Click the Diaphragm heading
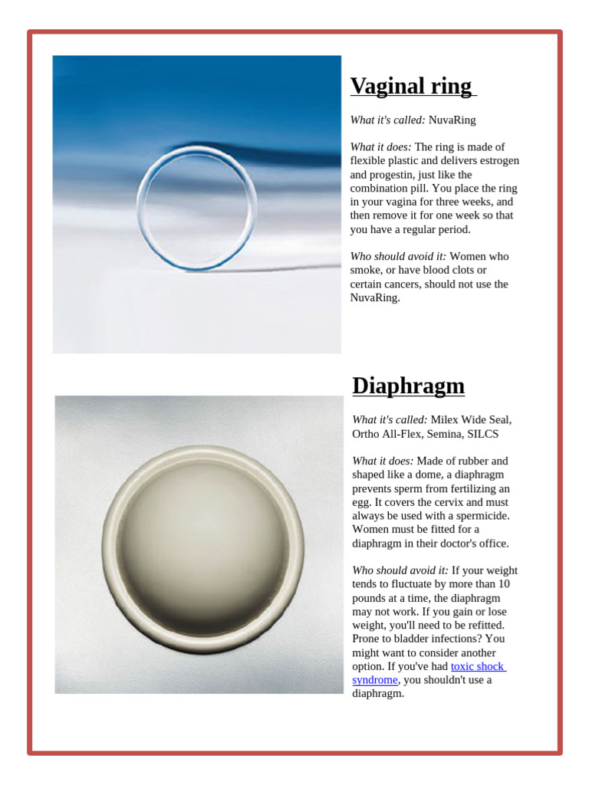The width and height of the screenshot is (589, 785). coord(408,386)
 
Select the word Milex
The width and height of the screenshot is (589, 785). coord(446,419)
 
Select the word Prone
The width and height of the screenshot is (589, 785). coord(367,639)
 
